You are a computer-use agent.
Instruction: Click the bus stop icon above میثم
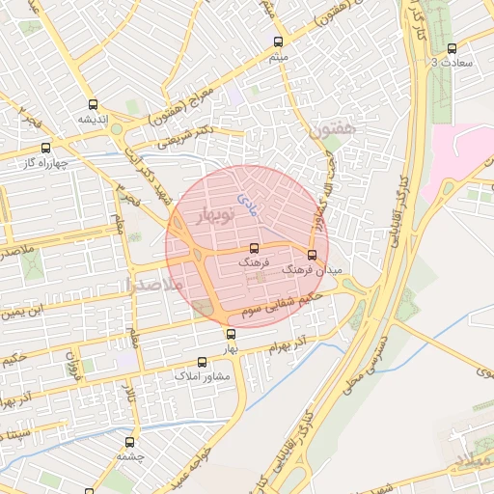(x=279, y=42)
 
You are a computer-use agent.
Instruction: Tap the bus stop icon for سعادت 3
(x=452, y=47)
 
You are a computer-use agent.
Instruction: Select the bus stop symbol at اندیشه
(x=93, y=105)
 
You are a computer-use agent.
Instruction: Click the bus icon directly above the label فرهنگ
(x=254, y=247)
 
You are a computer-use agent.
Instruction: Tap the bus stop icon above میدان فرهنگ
(x=311, y=256)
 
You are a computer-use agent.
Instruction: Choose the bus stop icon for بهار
(x=230, y=334)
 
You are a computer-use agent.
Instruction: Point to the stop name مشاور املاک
(x=199, y=375)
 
